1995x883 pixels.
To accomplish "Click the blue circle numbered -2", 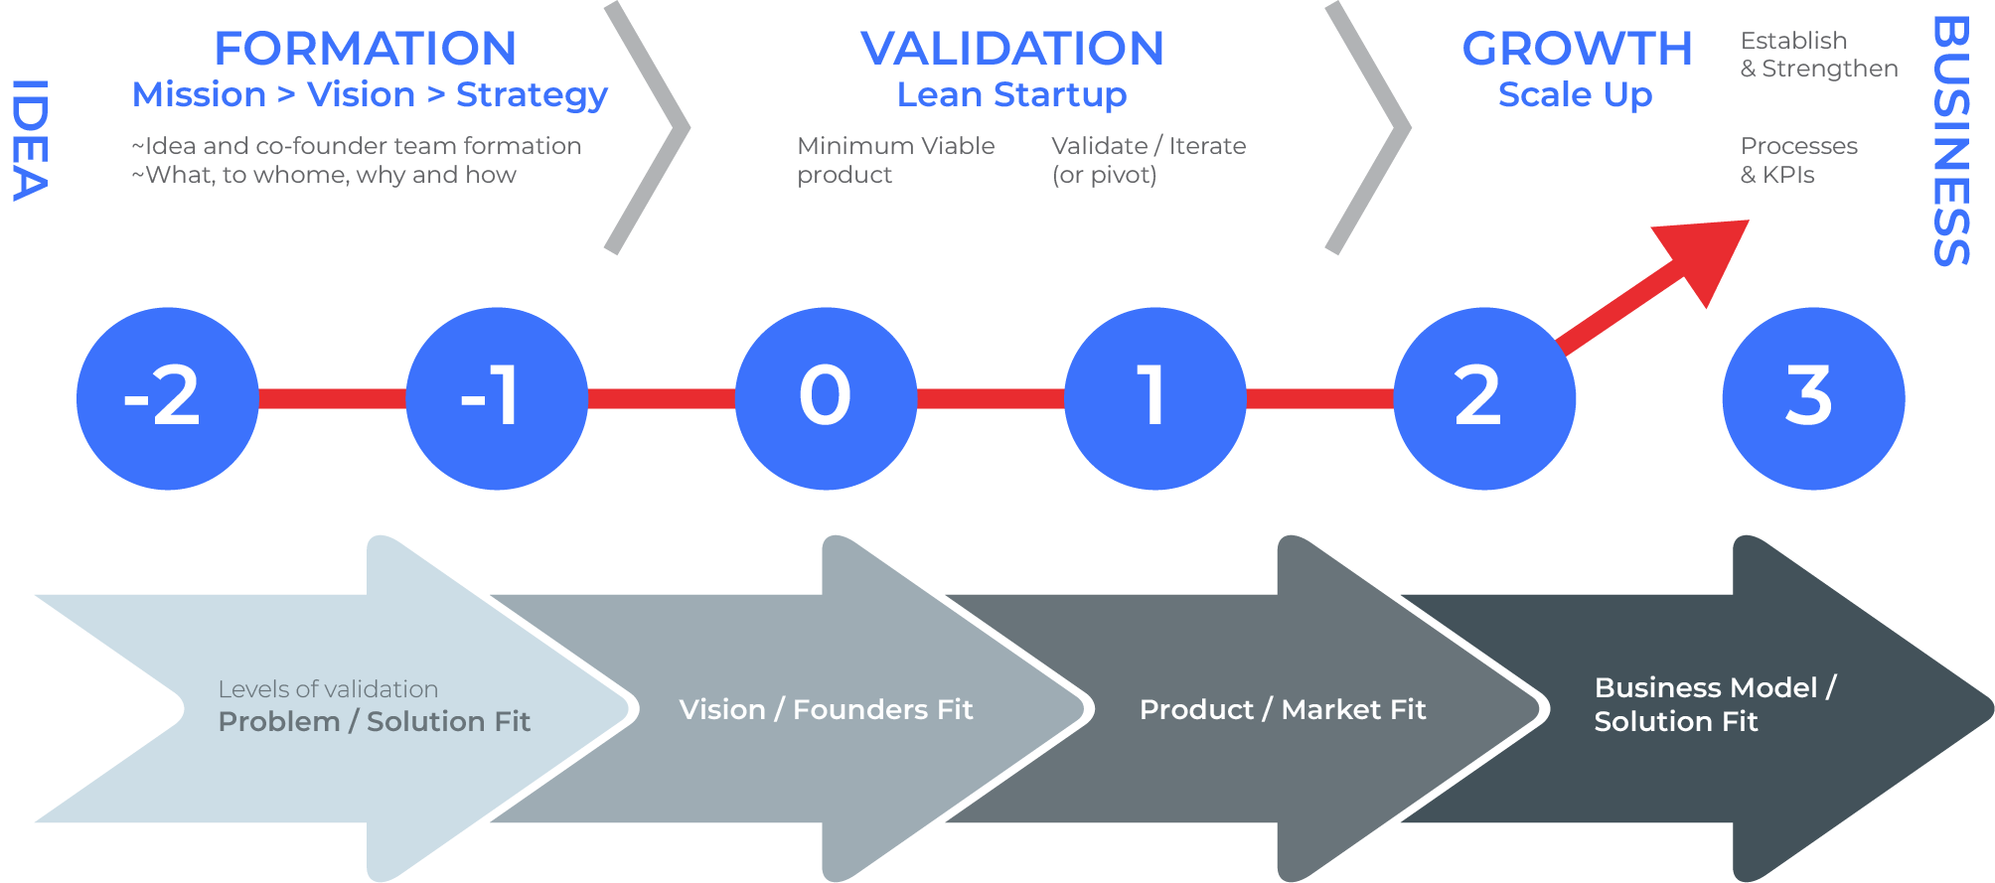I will pos(167,398).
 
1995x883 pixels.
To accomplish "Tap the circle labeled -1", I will pos(497,398).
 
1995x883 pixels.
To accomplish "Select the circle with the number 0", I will pos(826,398).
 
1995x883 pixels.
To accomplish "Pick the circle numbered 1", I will pos(1154,398).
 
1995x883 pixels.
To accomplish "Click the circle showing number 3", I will pos(1813,398).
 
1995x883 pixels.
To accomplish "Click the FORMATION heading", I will pos(365,49).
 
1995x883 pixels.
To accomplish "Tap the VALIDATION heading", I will pos(1011,49).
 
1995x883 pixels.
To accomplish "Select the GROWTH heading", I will pos(1577,49).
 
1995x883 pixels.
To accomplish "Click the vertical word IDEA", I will pos(30,140).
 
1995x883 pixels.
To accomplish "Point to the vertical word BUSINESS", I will pos(1950,140).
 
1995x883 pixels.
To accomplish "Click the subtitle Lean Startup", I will pos(1011,94).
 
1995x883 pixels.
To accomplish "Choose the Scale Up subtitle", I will pos(1575,94).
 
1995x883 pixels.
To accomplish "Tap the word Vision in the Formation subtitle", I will pos(361,94).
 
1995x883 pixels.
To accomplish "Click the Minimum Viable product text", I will pos(895,160).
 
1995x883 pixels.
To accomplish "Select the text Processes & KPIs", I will pos(1798,160).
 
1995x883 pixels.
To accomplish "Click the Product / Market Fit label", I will pos(1282,709).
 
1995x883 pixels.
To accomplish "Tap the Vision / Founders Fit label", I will pos(826,709).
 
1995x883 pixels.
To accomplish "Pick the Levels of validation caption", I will pos(328,689).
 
